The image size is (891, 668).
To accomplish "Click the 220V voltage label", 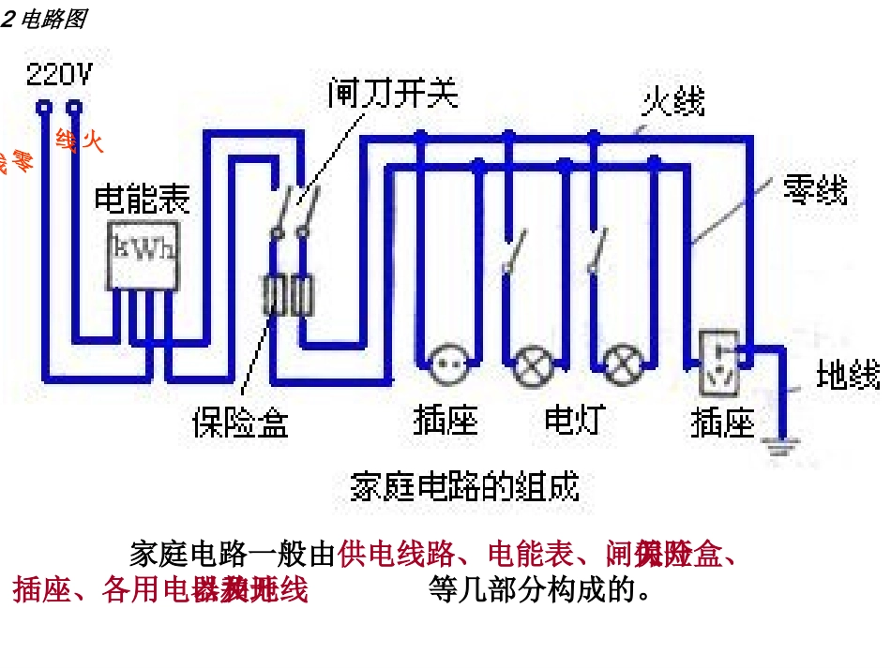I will point(59,73).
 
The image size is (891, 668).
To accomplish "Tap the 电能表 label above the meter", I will point(143,199).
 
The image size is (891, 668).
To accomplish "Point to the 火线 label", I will point(673,101).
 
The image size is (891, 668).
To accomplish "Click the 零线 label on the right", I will point(815,191).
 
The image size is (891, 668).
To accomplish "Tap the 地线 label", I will point(848,375).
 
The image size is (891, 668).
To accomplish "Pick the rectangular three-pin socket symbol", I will point(722,361).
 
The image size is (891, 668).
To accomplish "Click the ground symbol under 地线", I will point(780,445).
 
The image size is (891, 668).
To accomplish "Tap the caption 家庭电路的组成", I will point(464,487).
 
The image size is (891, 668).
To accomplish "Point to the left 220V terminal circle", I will point(43,109).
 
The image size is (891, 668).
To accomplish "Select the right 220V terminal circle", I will point(76,109).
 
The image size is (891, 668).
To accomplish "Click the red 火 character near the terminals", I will point(92,143).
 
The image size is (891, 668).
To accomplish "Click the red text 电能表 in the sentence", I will point(531,555).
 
